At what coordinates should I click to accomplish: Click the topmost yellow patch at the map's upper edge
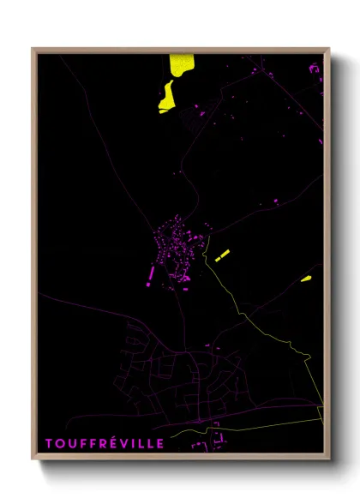click(180, 64)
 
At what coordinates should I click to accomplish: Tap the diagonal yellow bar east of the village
click(222, 255)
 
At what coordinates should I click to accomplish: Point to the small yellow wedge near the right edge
click(306, 278)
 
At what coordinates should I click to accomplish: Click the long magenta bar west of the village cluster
click(152, 273)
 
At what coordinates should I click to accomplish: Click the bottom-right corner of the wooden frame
click(328, 460)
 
